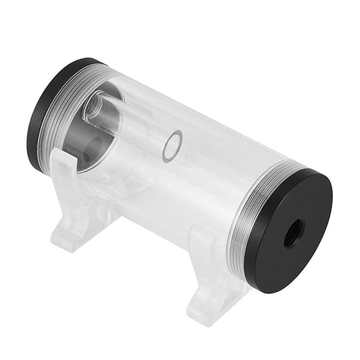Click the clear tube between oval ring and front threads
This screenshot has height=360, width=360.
click(210, 168)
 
